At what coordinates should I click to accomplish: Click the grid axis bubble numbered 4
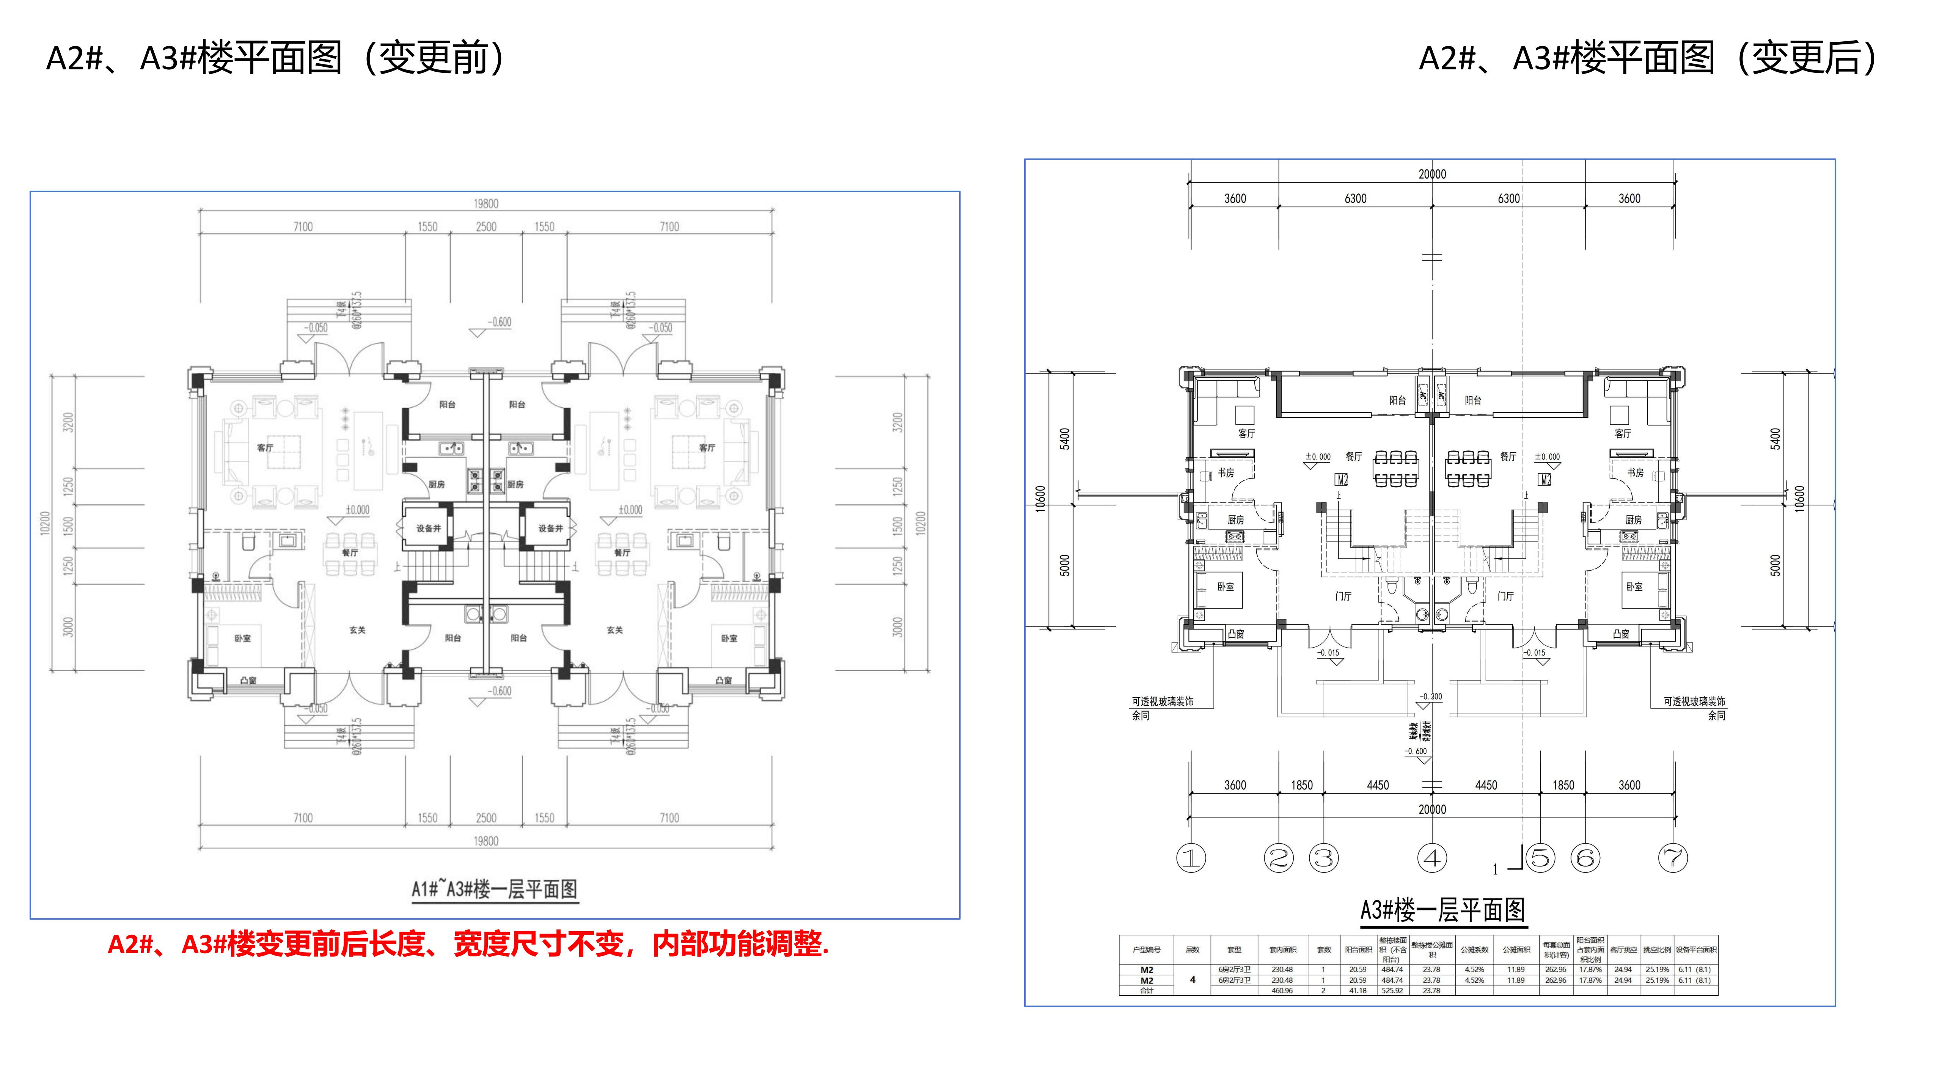click(x=1431, y=858)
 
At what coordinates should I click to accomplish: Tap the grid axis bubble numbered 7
click(x=1673, y=858)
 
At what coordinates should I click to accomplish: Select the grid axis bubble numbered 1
click(x=1191, y=858)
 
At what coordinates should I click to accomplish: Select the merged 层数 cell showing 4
click(x=1192, y=980)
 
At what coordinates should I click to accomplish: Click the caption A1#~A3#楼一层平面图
click(x=495, y=889)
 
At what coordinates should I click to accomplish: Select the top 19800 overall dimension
click(x=485, y=204)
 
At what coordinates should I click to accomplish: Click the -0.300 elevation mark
click(x=1431, y=697)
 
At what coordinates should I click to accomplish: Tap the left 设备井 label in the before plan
click(x=428, y=528)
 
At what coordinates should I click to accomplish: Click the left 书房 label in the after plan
click(x=1226, y=472)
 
